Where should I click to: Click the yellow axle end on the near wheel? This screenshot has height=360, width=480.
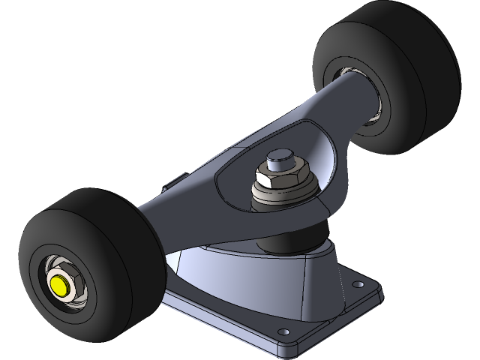pyautogui.click(x=61, y=285)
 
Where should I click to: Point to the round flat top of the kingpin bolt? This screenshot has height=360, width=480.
pyautogui.click(x=279, y=158)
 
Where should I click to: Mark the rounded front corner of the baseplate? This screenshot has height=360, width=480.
pyautogui.click(x=289, y=346)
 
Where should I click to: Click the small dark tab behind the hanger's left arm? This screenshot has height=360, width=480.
pyautogui.click(x=172, y=180)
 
